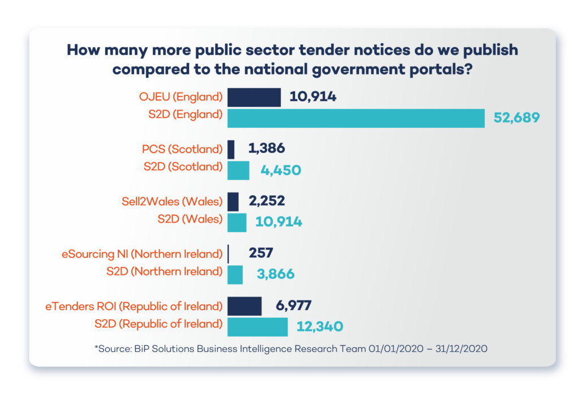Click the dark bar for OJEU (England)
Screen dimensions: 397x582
pyautogui.click(x=254, y=97)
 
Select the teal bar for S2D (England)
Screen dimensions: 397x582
pyautogui.click(x=356, y=118)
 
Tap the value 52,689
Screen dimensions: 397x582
pyautogui.click(x=516, y=118)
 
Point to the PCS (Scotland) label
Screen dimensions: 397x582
pyautogui.click(x=182, y=149)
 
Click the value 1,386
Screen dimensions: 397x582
pyautogui.click(x=267, y=149)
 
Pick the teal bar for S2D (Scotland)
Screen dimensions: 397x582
pyautogui.click(x=238, y=170)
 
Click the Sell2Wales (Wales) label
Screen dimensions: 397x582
pyautogui.click(x=172, y=201)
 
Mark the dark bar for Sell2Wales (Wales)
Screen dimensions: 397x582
pyautogui.click(x=233, y=202)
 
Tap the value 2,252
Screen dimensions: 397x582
pyautogui.click(x=267, y=201)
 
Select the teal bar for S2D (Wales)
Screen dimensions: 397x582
pyautogui.click(x=237, y=222)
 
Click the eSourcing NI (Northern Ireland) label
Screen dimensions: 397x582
pyautogui.click(x=142, y=253)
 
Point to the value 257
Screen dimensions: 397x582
pyautogui.click(x=261, y=253)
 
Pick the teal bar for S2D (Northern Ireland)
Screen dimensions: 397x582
pyautogui.click(x=235, y=274)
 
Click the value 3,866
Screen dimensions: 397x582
pyautogui.click(x=276, y=274)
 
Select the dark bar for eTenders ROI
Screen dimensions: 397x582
pyautogui.click(x=244, y=306)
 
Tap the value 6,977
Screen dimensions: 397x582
pyautogui.click(x=293, y=306)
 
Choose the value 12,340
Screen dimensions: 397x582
pyautogui.click(x=319, y=327)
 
